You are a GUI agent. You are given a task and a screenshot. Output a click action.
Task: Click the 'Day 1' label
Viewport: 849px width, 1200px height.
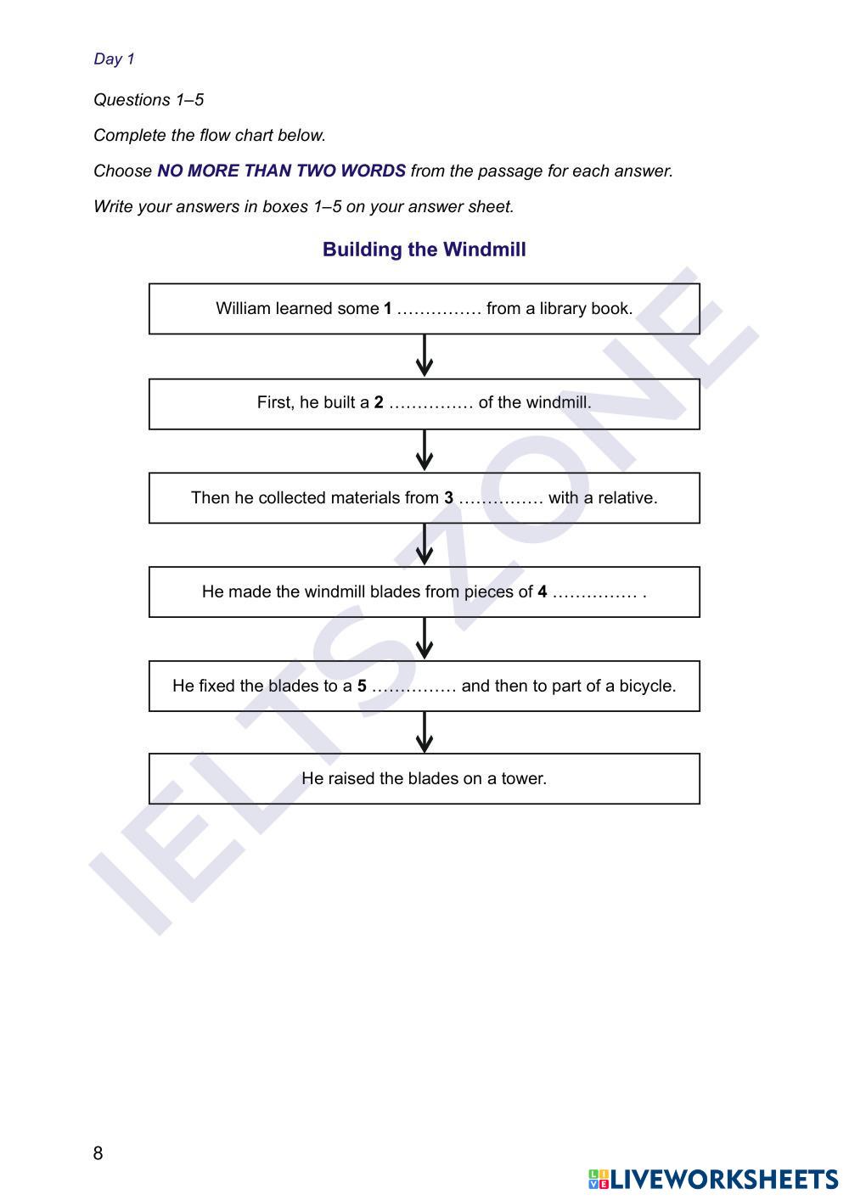point(114,59)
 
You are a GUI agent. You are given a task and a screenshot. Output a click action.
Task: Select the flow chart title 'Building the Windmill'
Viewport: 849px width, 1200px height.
point(424,250)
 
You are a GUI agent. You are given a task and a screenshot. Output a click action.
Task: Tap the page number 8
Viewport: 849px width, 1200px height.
point(98,1152)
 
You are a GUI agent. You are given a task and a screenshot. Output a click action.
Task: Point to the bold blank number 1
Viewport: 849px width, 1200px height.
point(388,309)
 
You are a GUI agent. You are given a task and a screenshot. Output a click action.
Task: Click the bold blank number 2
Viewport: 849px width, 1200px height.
point(379,403)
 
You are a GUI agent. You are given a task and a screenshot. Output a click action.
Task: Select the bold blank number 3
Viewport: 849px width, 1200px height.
point(448,498)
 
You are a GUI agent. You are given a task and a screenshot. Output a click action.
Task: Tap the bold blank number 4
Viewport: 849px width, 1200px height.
point(542,592)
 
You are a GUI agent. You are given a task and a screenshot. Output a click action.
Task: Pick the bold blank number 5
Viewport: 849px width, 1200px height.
point(362,687)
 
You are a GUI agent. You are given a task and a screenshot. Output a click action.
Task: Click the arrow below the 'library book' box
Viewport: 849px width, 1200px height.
point(424,356)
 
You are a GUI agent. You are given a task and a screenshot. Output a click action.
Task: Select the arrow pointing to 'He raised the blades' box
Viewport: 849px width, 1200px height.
point(424,732)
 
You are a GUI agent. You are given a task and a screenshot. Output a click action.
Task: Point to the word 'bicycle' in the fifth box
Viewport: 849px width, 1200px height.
point(647,687)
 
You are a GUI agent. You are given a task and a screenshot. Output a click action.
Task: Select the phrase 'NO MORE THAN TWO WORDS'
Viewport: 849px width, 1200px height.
point(281,171)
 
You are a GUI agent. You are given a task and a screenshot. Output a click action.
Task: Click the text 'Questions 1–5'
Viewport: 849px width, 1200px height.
point(149,100)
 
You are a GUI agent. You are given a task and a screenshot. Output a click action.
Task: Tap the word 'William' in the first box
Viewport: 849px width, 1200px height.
point(243,309)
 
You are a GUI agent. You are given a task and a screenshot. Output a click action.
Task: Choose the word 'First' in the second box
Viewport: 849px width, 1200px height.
point(275,403)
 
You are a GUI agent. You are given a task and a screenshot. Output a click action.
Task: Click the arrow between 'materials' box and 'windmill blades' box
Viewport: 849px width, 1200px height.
point(424,544)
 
